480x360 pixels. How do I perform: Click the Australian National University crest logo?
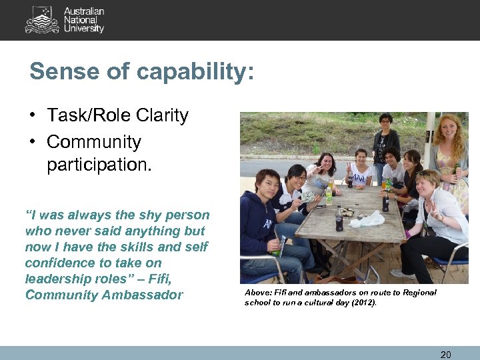(42, 20)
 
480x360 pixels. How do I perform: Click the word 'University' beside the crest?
(84, 29)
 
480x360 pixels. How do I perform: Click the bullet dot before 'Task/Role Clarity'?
(32, 116)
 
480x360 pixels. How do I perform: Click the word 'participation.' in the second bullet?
(99, 165)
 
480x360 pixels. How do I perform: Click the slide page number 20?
(445, 355)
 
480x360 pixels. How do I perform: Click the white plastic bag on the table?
(367, 219)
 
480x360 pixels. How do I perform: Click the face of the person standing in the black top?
(385, 123)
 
